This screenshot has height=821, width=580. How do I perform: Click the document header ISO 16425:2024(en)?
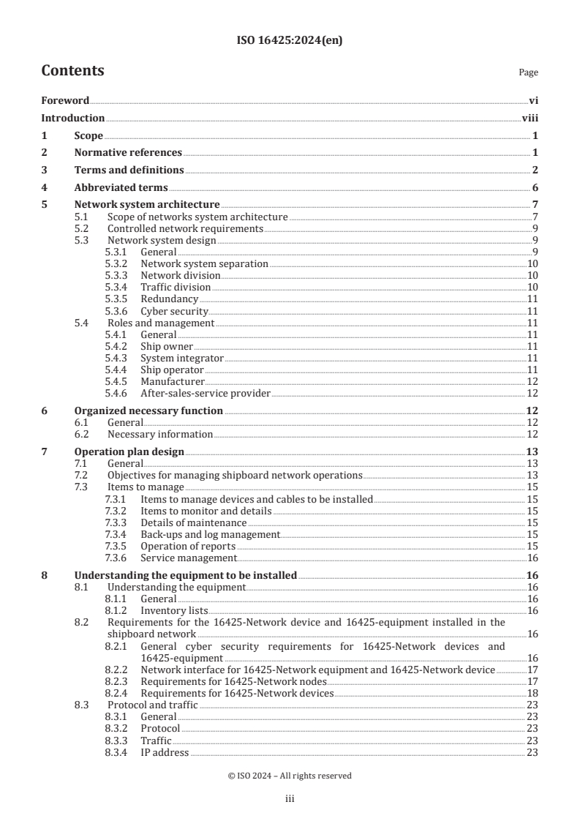click(289, 41)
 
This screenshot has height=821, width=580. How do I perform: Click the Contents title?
click(72, 71)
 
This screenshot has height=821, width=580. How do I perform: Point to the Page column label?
click(528, 72)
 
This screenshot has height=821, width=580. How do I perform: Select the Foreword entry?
click(65, 101)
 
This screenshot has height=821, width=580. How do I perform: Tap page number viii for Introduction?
click(530, 118)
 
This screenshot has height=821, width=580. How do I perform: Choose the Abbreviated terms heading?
click(121, 187)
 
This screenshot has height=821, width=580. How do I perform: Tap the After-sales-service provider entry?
click(206, 393)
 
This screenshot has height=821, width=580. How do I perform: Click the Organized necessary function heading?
click(148, 411)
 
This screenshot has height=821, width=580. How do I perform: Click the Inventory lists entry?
click(174, 610)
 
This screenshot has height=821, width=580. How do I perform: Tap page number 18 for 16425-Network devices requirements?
click(532, 693)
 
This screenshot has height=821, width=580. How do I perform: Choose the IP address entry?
click(165, 752)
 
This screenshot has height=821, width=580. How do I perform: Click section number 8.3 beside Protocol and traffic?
click(83, 705)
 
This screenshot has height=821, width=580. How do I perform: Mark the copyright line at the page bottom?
click(290, 776)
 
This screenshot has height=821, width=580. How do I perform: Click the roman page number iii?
click(290, 800)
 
